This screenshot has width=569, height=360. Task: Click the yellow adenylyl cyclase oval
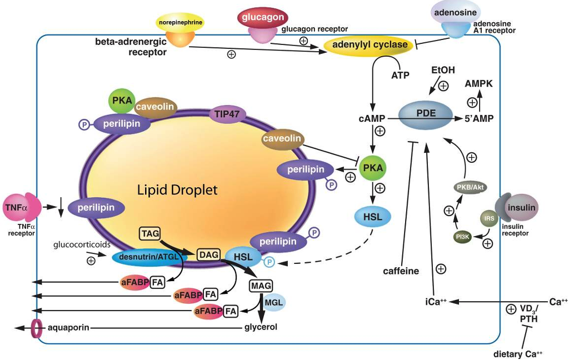click(370, 45)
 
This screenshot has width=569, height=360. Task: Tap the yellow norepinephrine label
click(179, 23)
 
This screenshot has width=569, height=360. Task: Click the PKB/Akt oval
click(471, 187)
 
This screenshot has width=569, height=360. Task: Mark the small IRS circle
click(490, 218)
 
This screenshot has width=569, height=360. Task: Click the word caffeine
click(401, 271)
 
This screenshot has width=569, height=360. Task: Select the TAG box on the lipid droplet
click(150, 233)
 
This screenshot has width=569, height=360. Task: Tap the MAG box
click(260, 287)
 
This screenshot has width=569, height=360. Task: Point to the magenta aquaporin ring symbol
click(37, 328)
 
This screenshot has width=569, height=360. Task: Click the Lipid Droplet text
click(177, 190)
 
